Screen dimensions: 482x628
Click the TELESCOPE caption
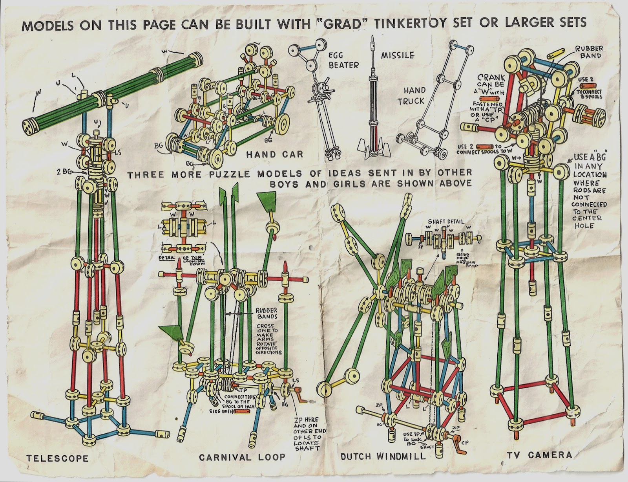[57, 458]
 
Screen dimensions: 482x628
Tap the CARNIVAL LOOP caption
[242, 457]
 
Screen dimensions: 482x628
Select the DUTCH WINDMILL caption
[383, 456]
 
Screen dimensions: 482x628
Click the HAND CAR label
[275, 154]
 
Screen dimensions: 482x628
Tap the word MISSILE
[398, 55]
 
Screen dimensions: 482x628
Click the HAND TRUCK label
[411, 95]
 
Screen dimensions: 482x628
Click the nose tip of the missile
[371, 39]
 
